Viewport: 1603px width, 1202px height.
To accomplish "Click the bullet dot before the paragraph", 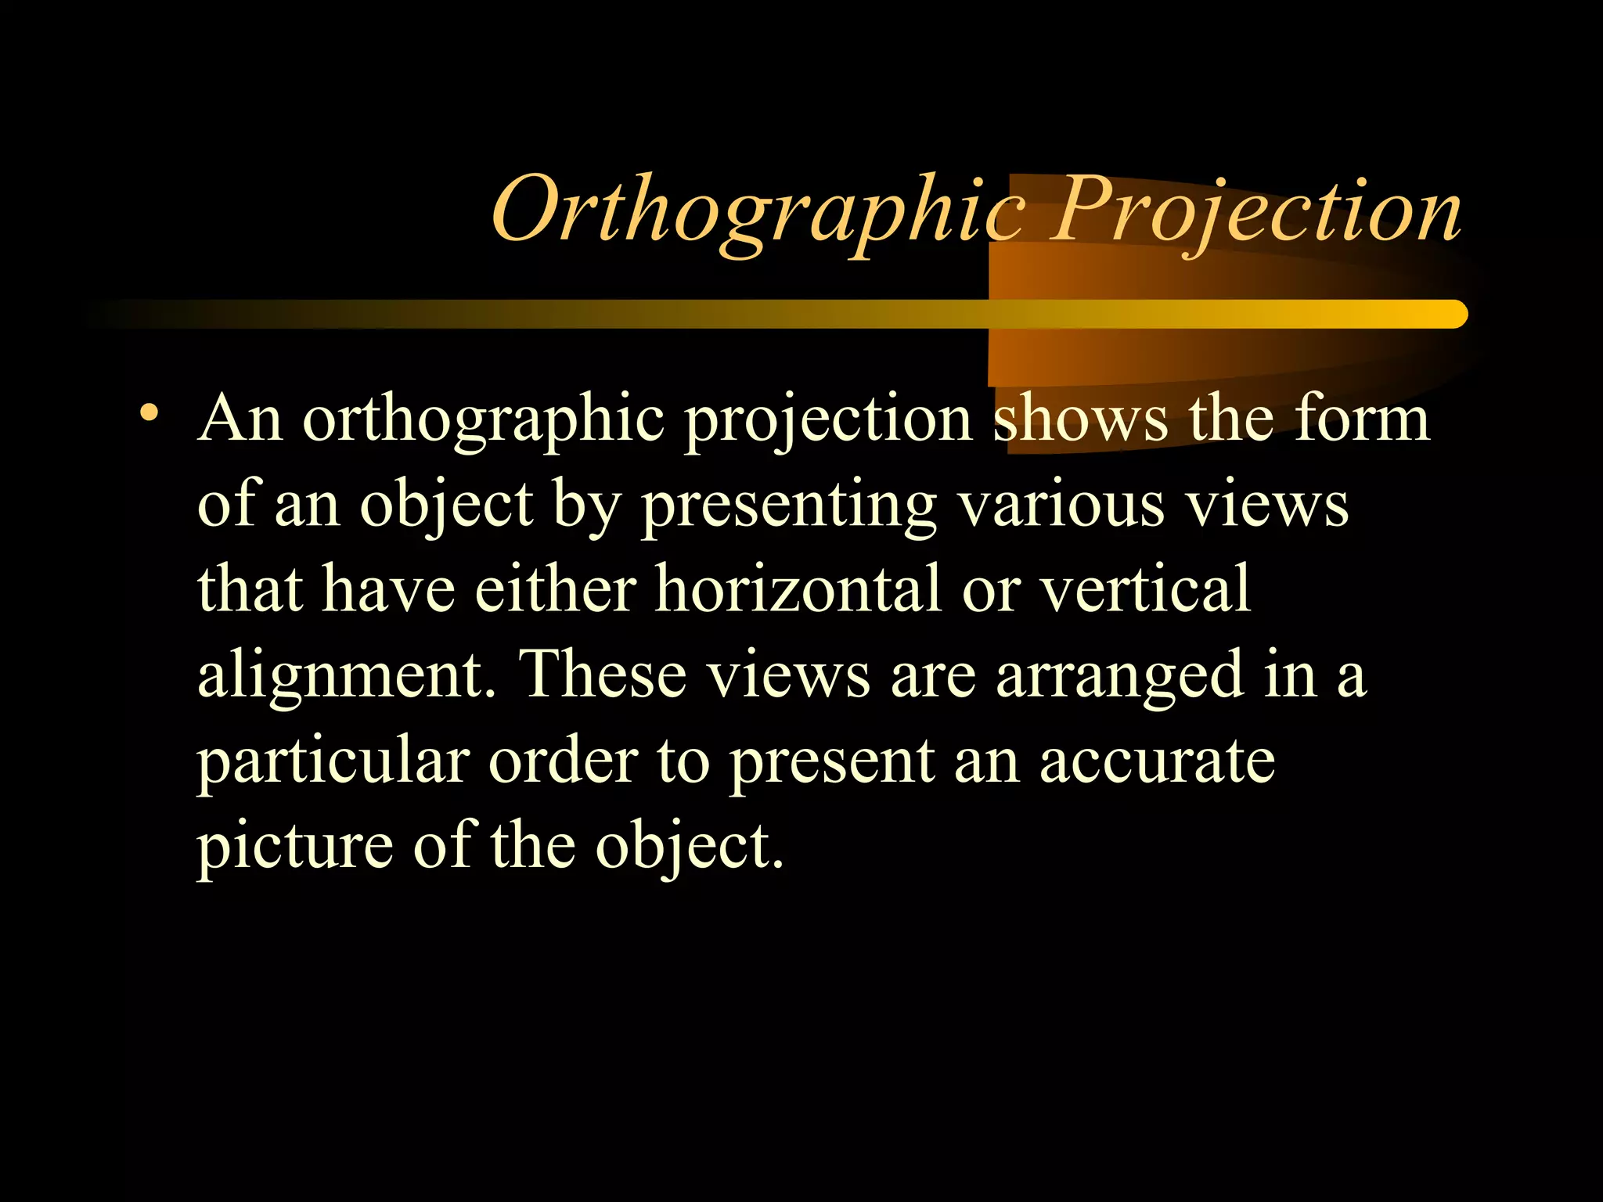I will [148, 412].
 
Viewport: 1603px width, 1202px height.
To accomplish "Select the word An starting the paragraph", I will [240, 419].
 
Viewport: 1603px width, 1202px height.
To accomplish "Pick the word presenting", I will [789, 507].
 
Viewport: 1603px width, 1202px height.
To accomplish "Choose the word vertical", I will [1144, 589].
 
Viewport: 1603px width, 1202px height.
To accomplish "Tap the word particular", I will [333, 762].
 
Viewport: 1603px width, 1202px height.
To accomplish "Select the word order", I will [563, 761].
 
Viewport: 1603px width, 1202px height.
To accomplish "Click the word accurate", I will [1157, 762].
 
